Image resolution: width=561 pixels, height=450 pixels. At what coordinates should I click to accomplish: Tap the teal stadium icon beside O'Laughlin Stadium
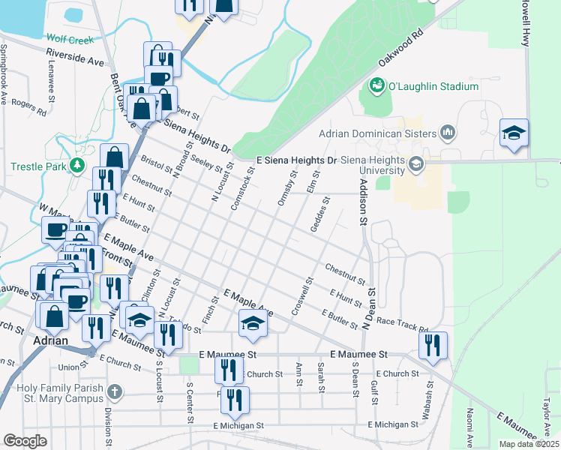[x=376, y=87]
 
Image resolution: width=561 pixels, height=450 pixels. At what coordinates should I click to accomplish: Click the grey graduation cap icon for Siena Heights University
[x=415, y=162]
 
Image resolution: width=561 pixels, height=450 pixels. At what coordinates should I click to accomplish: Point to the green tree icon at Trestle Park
[x=76, y=165]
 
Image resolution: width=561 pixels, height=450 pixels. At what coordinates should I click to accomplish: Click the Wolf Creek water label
[x=70, y=38]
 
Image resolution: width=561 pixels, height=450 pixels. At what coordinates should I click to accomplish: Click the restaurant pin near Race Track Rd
[x=433, y=345]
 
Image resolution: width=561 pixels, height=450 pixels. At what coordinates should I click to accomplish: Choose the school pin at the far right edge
[x=514, y=133]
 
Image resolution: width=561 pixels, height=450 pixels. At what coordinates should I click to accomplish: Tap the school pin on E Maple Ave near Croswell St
[x=253, y=324]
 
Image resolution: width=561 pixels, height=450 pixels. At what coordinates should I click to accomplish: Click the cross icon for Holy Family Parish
[x=114, y=391]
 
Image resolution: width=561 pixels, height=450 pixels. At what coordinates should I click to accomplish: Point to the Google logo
[x=25, y=440]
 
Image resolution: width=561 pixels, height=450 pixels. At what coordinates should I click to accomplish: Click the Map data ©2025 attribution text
[x=528, y=444]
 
